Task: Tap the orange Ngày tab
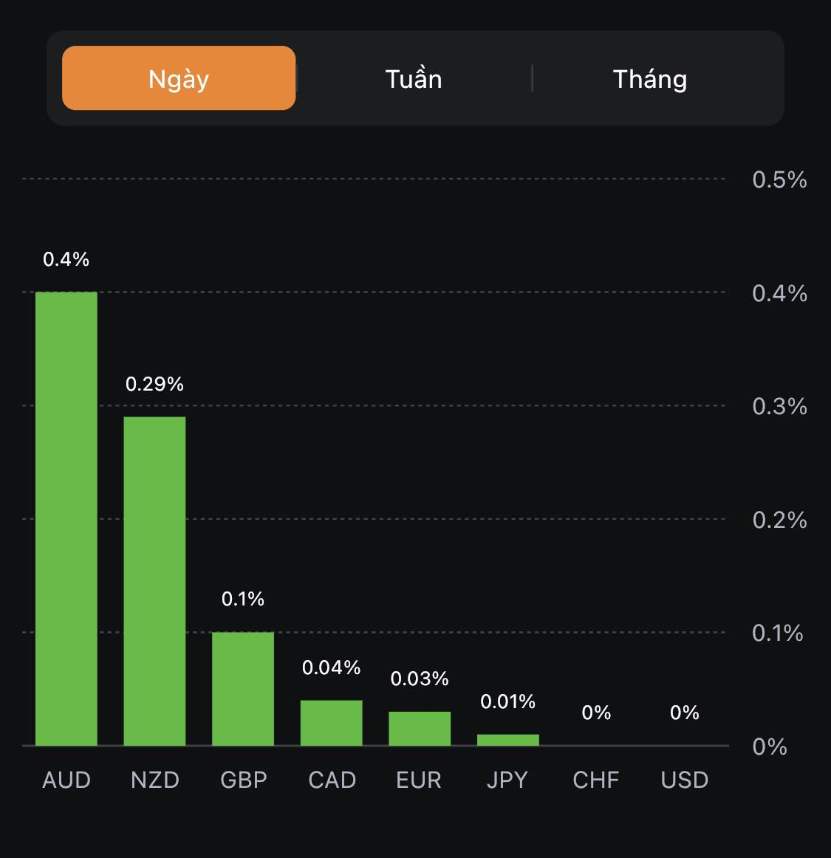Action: (x=179, y=78)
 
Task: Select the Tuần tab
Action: (x=414, y=79)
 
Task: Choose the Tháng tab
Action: (x=650, y=79)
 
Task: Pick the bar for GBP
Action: (x=243, y=688)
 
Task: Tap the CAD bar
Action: (x=331, y=722)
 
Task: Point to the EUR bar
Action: (x=420, y=728)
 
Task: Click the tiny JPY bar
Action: (x=508, y=740)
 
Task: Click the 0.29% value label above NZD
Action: (x=154, y=384)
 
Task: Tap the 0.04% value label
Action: (x=331, y=667)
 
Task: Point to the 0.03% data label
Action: (x=420, y=679)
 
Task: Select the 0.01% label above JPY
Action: (x=508, y=701)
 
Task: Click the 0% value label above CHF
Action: (x=596, y=713)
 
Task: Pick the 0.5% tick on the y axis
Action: (x=779, y=179)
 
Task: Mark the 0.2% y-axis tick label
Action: (x=779, y=520)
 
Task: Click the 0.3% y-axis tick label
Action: (x=779, y=406)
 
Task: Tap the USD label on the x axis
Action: (x=685, y=780)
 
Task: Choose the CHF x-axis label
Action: (x=596, y=780)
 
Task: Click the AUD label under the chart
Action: (x=66, y=780)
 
